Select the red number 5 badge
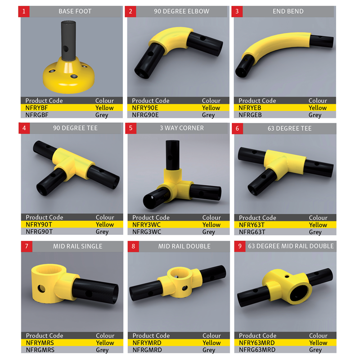130,128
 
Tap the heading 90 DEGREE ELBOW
182,11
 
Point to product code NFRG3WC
147,232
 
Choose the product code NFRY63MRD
256,343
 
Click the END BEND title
288,11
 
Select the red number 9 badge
240,246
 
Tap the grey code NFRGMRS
40,350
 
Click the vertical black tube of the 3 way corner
172,155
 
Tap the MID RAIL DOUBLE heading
184,246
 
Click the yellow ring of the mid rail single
49,283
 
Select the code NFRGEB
250,115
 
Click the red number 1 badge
24,12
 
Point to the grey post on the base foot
68,41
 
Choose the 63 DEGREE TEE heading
289,128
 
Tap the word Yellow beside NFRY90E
211,108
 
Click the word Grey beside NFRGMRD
209,350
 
